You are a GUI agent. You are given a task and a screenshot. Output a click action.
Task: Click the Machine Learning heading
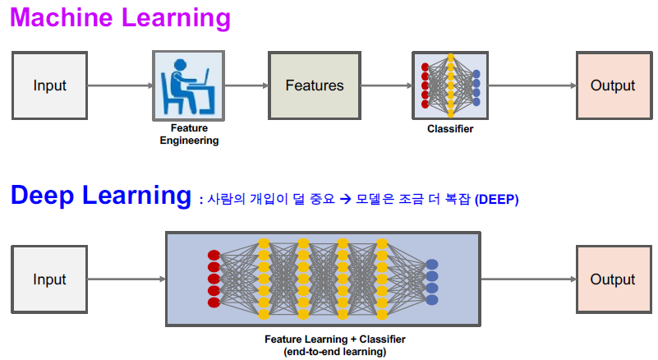[120, 18]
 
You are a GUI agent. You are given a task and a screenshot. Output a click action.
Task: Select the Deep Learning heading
[100, 196]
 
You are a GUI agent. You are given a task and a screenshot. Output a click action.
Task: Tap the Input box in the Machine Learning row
[49, 85]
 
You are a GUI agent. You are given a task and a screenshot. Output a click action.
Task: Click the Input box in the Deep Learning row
[49, 279]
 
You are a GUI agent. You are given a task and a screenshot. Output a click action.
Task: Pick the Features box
[315, 85]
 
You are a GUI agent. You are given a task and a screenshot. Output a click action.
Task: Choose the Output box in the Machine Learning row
[613, 85]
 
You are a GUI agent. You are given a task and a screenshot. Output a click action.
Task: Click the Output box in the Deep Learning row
[613, 279]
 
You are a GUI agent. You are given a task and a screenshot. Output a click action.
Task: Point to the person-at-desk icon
[189, 85]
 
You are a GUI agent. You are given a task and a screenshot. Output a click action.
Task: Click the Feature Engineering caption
[189, 134]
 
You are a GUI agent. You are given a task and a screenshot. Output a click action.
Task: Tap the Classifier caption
[450, 129]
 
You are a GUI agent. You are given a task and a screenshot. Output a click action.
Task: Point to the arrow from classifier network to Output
[531, 85]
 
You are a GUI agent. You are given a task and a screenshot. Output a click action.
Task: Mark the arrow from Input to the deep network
[126, 279]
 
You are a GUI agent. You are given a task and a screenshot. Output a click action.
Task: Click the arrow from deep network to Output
[528, 279]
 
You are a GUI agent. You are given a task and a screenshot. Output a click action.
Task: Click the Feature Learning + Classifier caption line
[334, 339]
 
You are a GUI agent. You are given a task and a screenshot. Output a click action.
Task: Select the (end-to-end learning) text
[334, 351]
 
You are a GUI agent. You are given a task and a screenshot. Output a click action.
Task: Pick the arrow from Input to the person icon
[120, 85]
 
